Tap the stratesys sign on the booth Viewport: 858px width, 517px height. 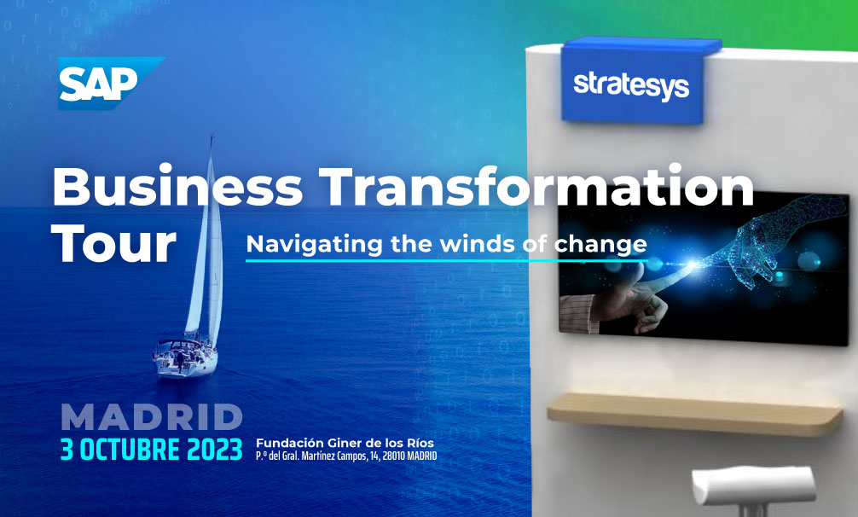point(633,84)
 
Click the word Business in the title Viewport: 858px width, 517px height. point(177,186)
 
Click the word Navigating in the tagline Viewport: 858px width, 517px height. point(314,245)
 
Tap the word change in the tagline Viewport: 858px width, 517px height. point(600,245)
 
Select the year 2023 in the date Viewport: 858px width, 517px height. point(215,450)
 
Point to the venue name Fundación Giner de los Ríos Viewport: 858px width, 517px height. point(345,443)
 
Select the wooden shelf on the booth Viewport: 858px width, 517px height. point(694,414)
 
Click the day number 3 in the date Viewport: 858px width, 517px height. point(67,450)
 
